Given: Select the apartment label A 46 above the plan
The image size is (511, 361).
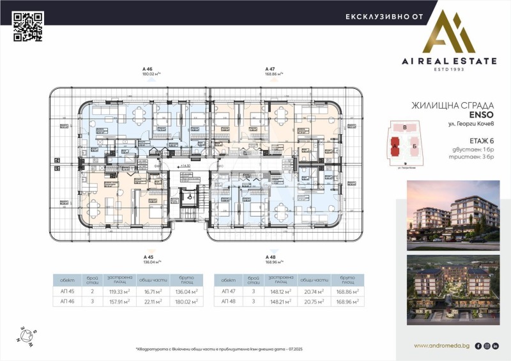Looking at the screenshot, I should click(148, 68).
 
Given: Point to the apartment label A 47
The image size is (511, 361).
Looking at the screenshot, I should click(270, 68).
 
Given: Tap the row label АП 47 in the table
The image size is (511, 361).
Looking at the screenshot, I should click(228, 291).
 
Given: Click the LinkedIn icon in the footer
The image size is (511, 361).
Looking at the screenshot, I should click(496, 346).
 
